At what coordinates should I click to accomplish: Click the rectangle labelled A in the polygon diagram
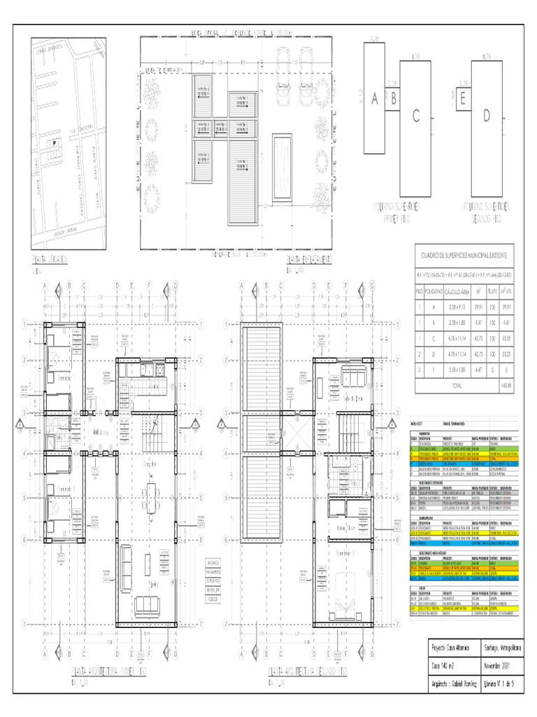coord(374,99)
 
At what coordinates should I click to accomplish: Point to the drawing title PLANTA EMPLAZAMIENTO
coord(308,260)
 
